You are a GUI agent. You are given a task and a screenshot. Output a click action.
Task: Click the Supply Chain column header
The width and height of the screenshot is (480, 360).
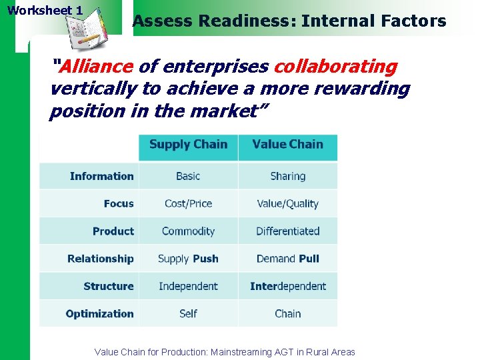click(188, 145)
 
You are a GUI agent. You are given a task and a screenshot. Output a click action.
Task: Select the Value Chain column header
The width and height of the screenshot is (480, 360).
click(287, 145)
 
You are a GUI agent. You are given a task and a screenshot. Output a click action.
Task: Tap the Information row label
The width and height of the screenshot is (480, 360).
click(101, 177)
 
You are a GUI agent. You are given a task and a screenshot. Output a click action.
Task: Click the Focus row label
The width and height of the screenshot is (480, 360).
click(119, 204)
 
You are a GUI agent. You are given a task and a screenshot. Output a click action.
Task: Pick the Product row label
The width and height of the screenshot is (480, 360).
click(113, 231)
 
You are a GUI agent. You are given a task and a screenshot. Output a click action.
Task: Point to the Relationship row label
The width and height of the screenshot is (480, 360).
click(101, 259)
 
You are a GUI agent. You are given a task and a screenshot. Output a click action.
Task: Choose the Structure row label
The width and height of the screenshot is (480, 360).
click(109, 286)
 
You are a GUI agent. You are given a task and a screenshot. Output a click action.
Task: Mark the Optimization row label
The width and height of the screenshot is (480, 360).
click(100, 313)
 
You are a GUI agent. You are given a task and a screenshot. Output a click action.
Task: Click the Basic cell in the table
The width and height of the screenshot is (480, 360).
click(188, 177)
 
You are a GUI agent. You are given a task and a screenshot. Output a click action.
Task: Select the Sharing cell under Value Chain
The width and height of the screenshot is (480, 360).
click(288, 177)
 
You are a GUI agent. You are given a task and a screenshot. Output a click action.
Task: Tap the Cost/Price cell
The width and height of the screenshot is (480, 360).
click(188, 204)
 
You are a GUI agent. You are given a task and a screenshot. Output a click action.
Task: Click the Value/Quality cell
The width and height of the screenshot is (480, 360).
click(288, 204)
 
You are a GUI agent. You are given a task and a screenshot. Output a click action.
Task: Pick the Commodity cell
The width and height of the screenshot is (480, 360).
click(188, 231)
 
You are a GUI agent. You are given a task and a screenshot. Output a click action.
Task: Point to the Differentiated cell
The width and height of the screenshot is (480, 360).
click(288, 231)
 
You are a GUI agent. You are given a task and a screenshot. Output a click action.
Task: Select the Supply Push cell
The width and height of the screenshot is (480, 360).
click(188, 259)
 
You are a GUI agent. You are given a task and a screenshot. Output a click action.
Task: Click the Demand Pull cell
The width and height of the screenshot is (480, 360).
click(288, 259)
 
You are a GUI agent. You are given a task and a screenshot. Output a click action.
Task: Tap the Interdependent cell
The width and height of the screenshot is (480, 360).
click(288, 286)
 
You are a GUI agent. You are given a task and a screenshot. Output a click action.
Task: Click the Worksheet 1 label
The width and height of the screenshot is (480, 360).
click(45, 11)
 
